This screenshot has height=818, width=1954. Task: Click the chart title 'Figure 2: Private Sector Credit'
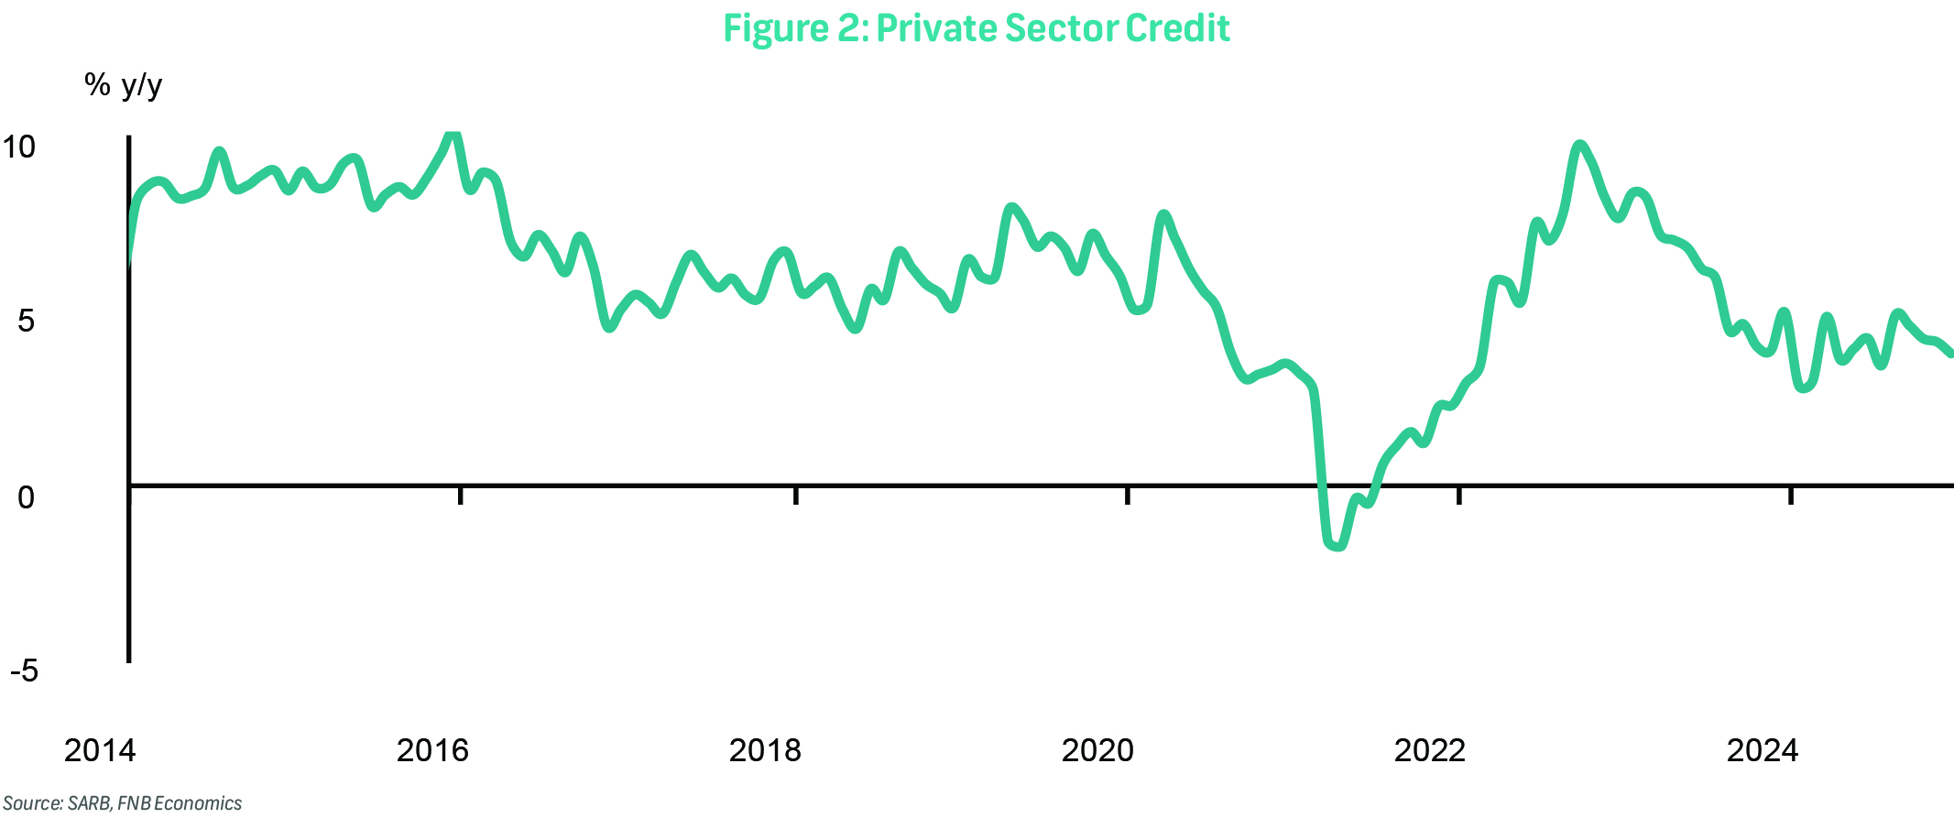coord(976,28)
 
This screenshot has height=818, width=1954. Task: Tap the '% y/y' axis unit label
coord(124,86)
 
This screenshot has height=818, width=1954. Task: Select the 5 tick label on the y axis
coord(26,321)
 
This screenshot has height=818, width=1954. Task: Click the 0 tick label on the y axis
coord(26,497)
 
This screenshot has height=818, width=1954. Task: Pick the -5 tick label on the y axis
coord(24,671)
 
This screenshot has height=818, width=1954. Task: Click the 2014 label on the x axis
coord(99,751)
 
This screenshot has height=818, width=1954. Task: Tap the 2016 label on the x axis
coord(431,751)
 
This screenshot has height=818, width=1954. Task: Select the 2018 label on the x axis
coord(764,751)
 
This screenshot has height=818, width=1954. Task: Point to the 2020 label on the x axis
coord(1097,751)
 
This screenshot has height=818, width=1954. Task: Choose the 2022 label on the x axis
coord(1429,751)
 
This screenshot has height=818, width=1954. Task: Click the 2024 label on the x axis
coord(1762,751)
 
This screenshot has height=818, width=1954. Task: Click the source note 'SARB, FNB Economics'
coord(122,803)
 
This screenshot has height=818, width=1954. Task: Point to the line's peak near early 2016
coord(452,136)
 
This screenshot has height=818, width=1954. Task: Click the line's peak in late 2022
coord(1578,145)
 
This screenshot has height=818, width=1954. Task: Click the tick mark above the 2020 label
coord(1128,495)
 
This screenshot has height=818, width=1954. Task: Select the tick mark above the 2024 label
coord(1791,495)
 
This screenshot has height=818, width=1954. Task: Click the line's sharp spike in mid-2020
coord(1164,216)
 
